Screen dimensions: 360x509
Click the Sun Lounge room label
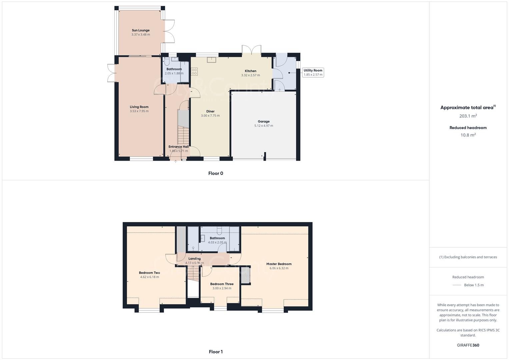pos(140,30)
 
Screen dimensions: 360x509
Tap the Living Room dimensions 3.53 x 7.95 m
pos(139,111)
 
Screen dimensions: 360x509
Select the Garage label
pos(263,122)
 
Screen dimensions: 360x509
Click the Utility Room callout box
pos(313,72)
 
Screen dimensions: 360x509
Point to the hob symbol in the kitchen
pos(194,71)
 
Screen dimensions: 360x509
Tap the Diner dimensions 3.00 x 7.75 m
pos(210,116)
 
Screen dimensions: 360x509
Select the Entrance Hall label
pos(178,147)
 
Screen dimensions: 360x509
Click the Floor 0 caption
pos(216,173)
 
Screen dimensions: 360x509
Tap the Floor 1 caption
pos(216,352)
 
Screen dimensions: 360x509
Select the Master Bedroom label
pos(279,264)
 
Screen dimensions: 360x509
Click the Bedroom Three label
pos(222,284)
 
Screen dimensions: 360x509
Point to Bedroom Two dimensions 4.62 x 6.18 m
pos(149,277)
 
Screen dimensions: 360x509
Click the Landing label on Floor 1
pos(194,259)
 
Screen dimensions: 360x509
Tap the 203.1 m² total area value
pos(468,116)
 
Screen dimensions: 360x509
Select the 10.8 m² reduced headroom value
pos(468,135)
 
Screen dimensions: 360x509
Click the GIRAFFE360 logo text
pos(468,345)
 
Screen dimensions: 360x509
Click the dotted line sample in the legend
pos(457,285)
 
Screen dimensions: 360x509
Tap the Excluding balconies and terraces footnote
pos(468,257)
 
